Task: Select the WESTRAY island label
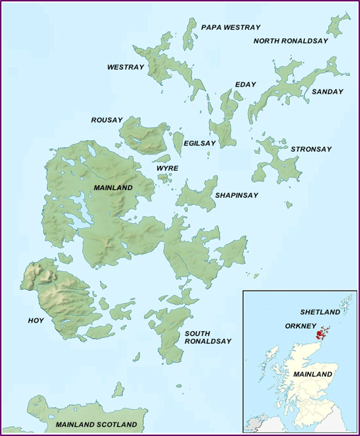(125, 67)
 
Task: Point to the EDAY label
(245, 85)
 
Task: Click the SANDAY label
(327, 91)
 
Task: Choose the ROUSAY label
(107, 120)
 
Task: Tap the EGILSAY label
(199, 143)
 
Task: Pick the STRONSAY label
(311, 150)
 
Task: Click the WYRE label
(167, 168)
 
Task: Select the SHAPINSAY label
(236, 195)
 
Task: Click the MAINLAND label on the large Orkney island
(113, 187)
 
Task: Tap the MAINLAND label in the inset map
(313, 374)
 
